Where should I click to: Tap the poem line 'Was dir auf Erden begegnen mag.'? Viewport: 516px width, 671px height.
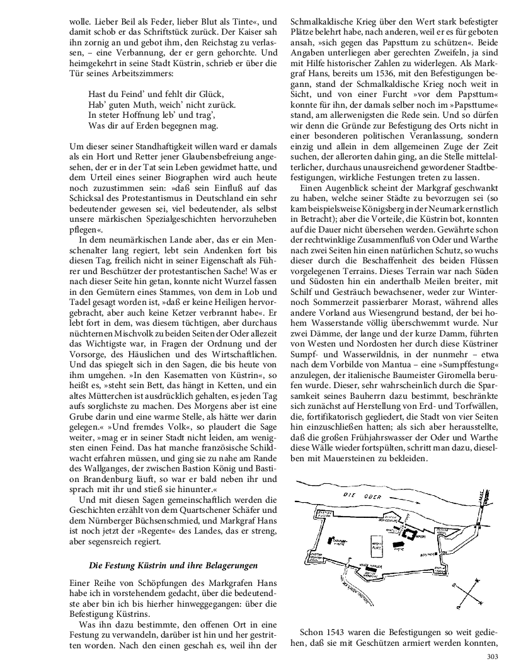coord(153,125)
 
